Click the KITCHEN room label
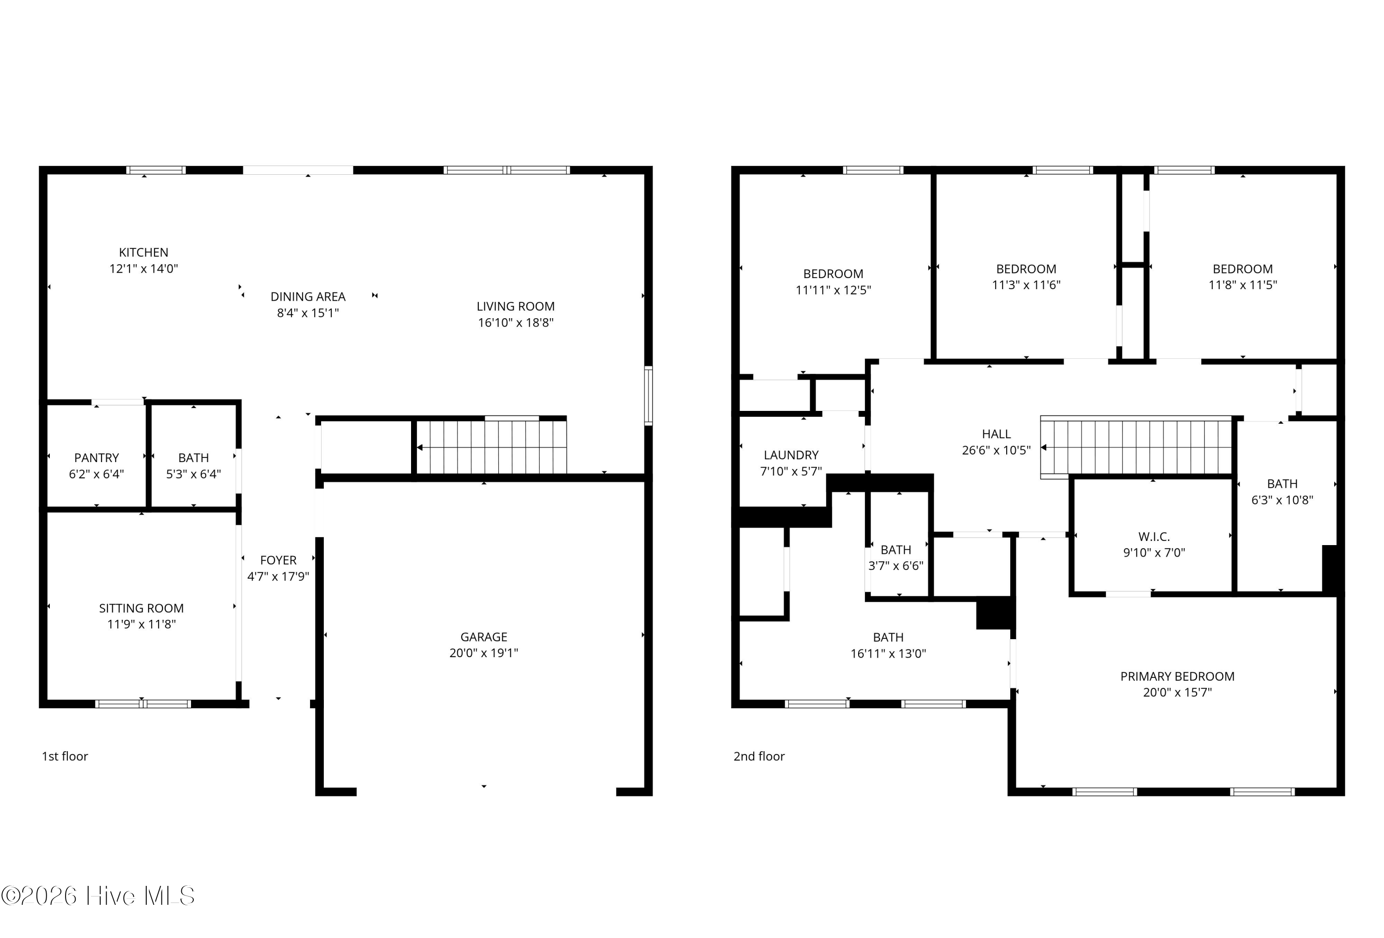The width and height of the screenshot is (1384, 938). click(x=143, y=252)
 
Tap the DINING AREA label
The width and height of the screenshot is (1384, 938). click(x=308, y=297)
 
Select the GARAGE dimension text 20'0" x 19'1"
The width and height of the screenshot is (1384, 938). click(x=483, y=653)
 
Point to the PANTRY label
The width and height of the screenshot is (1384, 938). click(x=96, y=457)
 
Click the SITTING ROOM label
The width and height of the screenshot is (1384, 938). click(x=141, y=608)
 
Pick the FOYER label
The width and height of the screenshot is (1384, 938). click(x=278, y=560)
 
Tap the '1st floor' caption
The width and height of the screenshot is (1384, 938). click(x=65, y=756)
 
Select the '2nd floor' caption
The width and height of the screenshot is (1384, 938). click(x=759, y=756)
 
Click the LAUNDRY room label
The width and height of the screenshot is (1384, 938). click(x=791, y=455)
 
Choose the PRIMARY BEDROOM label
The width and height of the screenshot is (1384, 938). click(x=1177, y=677)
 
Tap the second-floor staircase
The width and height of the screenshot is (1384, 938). click(x=1136, y=447)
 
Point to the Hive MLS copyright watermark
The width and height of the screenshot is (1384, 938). click(x=98, y=896)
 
